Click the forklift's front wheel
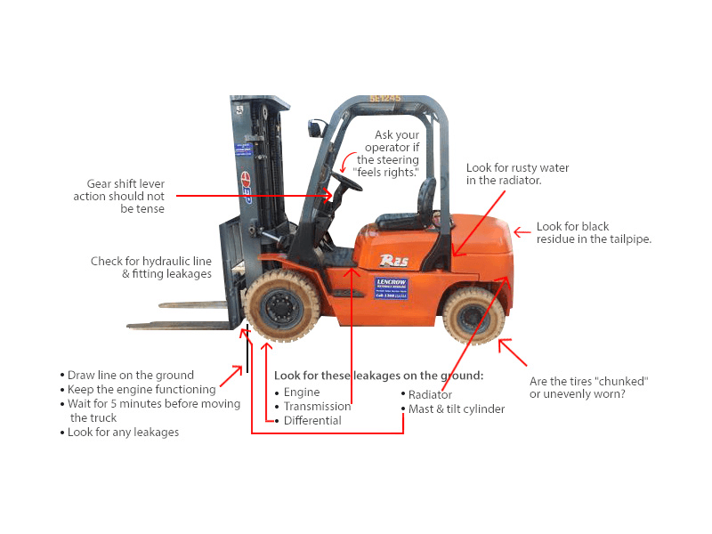coord(282,305)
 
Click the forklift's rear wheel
coord(473,315)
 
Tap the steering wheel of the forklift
coord(347,181)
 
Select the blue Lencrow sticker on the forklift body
coord(391,288)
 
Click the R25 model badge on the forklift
coord(393,260)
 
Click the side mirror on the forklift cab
coord(317,127)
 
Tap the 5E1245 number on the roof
coord(385,98)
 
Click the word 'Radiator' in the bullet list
coord(430,394)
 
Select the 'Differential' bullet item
coord(312,420)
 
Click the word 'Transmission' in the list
coord(318,407)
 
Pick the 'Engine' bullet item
coord(302,392)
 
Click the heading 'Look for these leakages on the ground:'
coord(379,376)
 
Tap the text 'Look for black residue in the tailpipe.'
coord(594,232)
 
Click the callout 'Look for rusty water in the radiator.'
coord(518,174)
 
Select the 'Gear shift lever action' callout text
coord(119,196)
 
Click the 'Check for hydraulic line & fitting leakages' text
coord(151,268)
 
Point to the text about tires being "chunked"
coord(589,387)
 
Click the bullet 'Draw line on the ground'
coord(130,375)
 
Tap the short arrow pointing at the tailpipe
coord(522,232)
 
